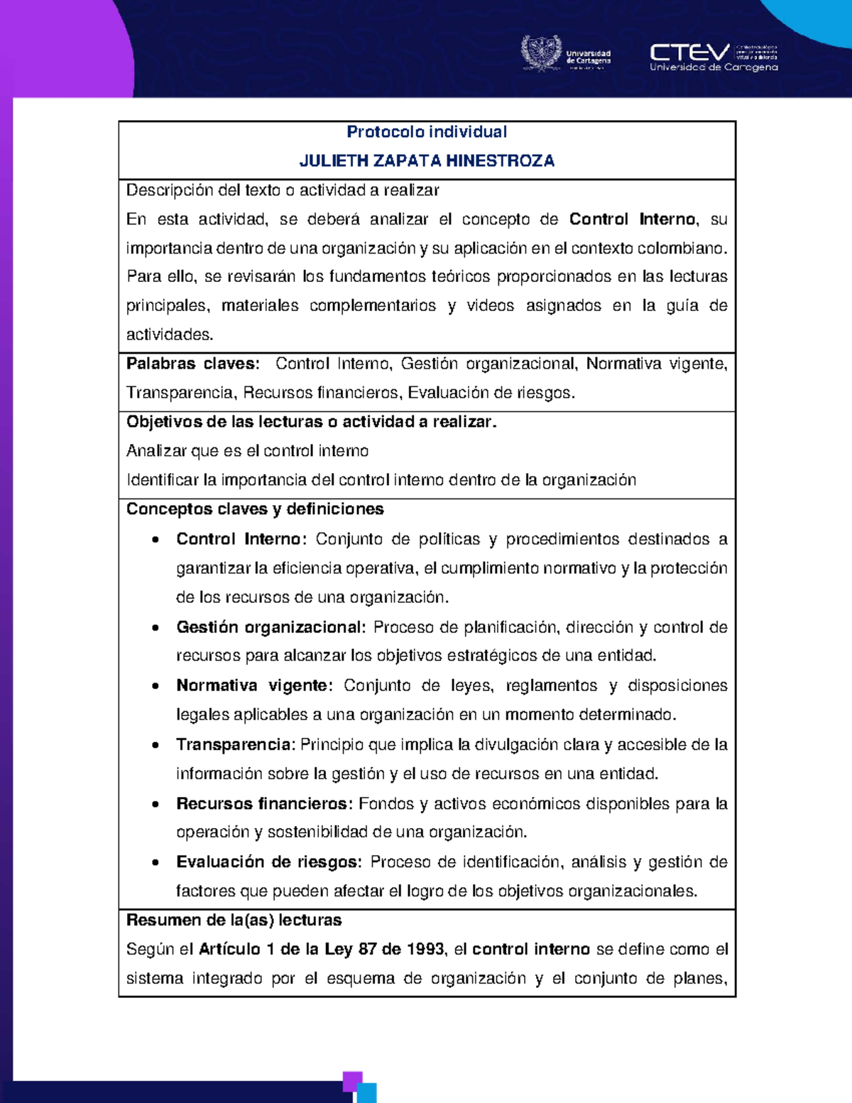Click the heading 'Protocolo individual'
click(x=427, y=132)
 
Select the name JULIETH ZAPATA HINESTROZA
click(x=427, y=161)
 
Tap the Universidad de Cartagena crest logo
click(x=541, y=54)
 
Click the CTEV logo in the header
click(x=689, y=53)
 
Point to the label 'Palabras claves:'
click(x=192, y=364)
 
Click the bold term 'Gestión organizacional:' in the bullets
click(x=271, y=628)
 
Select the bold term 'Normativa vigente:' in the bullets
click(x=254, y=686)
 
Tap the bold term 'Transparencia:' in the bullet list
click(x=235, y=745)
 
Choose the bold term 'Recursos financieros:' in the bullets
click(x=264, y=804)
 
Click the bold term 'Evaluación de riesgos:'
click(x=269, y=862)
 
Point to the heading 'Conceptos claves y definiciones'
click(x=255, y=509)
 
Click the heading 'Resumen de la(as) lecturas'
click(x=234, y=920)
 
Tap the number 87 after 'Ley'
click(x=367, y=950)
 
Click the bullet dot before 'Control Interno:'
click(x=155, y=540)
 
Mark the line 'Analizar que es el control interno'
click(x=247, y=451)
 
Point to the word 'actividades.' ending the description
click(x=170, y=335)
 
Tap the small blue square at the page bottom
click(x=366, y=1093)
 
